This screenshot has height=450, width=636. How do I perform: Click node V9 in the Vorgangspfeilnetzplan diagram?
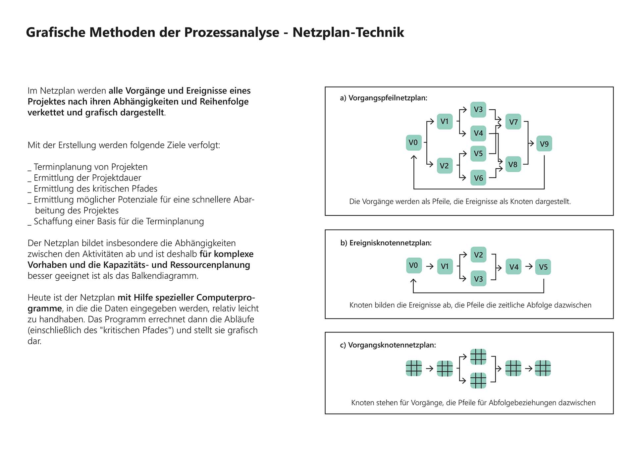tap(544, 143)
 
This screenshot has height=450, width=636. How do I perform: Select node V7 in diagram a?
tap(513, 122)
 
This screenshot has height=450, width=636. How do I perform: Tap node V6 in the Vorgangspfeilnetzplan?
tap(478, 178)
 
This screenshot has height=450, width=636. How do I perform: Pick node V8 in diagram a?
tap(513, 164)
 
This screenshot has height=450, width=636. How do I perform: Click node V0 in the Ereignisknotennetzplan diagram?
tap(414, 265)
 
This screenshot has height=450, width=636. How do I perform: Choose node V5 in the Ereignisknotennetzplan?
tap(543, 267)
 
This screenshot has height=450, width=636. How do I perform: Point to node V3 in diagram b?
tap(478, 279)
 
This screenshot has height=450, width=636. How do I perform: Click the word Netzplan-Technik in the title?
tap(348, 32)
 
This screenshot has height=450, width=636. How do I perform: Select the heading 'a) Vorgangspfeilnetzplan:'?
tap(384, 98)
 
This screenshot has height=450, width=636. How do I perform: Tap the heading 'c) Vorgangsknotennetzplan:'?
tap(388, 345)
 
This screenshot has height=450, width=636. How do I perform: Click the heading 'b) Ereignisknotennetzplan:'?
tap(386, 243)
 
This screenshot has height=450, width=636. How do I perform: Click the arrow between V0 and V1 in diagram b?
tap(430, 266)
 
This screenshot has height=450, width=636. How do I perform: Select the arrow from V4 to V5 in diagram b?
tap(529, 266)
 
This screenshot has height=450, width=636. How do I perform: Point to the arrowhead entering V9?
tap(532, 143)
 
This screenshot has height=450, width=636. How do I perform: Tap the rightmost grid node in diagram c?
tap(543, 368)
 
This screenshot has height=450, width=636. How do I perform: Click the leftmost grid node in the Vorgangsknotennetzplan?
tap(414, 368)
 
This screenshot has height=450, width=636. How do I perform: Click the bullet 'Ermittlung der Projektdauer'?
tap(87, 178)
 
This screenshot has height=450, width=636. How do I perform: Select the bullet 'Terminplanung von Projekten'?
tap(90, 167)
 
